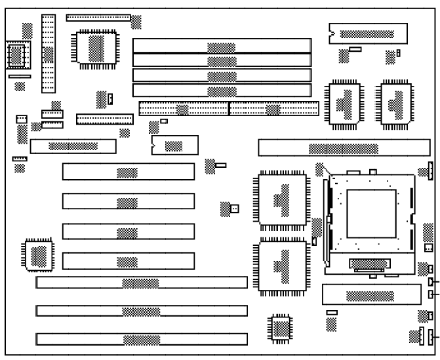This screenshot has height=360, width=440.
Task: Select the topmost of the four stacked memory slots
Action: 222,46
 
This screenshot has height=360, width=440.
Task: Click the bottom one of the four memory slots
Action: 222,91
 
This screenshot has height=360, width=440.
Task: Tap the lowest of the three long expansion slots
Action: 142,340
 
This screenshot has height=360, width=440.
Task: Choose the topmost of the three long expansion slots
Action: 142,283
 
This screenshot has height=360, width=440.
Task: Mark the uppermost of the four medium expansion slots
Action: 129,172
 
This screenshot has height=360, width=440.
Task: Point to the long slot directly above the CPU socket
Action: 344,148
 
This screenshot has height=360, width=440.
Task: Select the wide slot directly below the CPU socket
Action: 371,294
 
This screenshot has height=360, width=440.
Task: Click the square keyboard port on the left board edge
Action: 17,55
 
